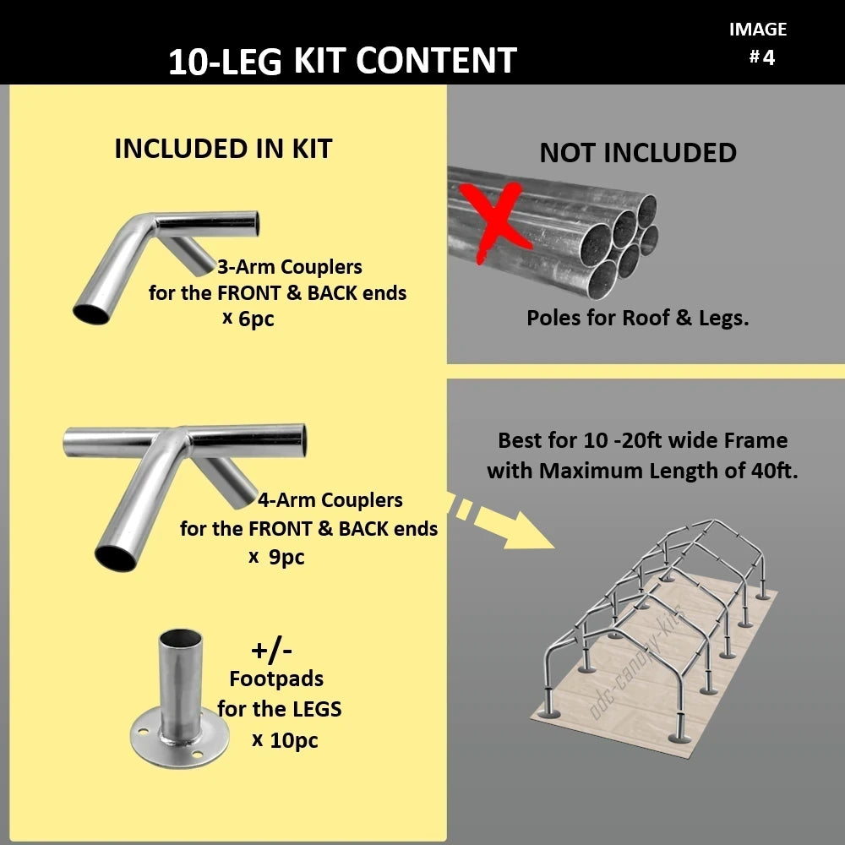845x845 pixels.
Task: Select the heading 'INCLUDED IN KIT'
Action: pyautogui.click(x=223, y=149)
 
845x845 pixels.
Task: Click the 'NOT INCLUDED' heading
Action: pyautogui.click(x=638, y=153)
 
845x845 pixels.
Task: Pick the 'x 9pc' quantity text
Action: pyautogui.click(x=276, y=557)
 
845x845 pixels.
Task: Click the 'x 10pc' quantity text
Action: pyautogui.click(x=285, y=740)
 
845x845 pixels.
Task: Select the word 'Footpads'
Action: pyautogui.click(x=276, y=679)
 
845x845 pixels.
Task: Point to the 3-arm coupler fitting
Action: pyautogui.click(x=161, y=253)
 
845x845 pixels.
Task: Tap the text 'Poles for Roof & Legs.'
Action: pyautogui.click(x=638, y=319)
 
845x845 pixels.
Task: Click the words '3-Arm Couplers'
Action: pyautogui.click(x=289, y=267)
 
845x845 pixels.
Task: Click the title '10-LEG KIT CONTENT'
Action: pyautogui.click(x=342, y=62)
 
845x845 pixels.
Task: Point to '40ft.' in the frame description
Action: pyautogui.click(x=774, y=471)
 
